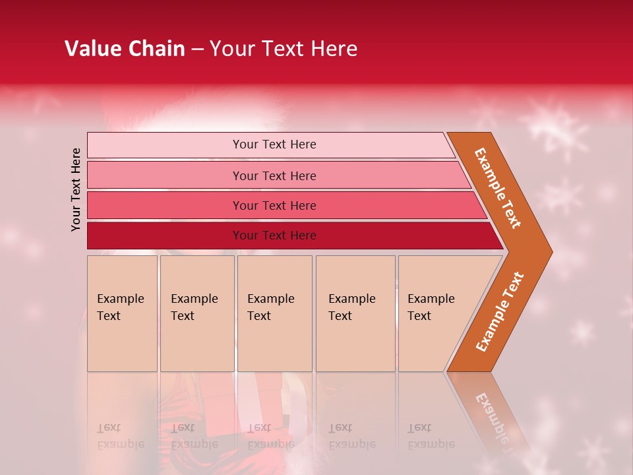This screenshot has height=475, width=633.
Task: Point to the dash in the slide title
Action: point(197,49)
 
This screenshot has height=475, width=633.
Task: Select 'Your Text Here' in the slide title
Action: point(284,49)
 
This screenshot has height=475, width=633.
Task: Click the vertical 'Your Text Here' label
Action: point(76,189)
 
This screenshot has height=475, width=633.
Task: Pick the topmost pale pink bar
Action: point(270,145)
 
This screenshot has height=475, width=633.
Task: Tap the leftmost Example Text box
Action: point(122,313)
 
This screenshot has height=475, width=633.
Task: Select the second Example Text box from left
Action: point(197,313)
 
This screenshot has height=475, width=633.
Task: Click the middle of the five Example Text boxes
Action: point(274,313)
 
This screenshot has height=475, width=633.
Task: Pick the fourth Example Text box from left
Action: point(355,313)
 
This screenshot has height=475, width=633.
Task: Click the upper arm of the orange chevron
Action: point(498,187)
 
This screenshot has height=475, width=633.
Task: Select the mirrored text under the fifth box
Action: point(430,436)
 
